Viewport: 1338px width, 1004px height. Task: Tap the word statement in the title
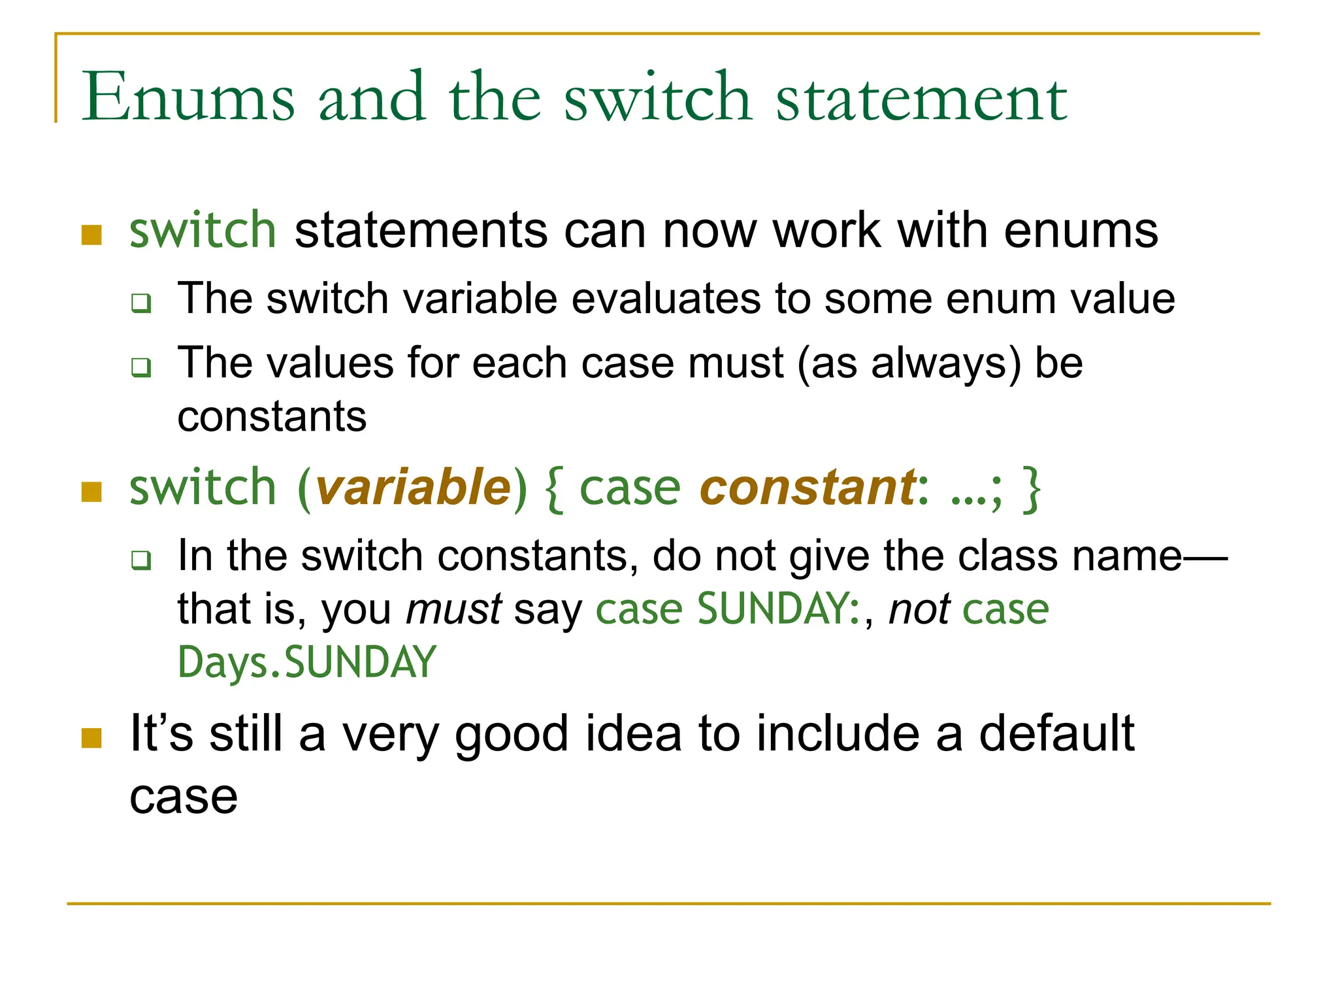point(921,98)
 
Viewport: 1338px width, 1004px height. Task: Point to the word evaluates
point(666,299)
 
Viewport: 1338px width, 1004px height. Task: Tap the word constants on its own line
point(272,416)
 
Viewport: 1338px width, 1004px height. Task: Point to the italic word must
point(453,609)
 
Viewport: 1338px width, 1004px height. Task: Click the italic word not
point(919,609)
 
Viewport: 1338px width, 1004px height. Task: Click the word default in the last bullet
point(1056,733)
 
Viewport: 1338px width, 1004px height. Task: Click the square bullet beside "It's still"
point(91,738)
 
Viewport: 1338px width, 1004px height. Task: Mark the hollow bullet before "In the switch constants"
point(141,560)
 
